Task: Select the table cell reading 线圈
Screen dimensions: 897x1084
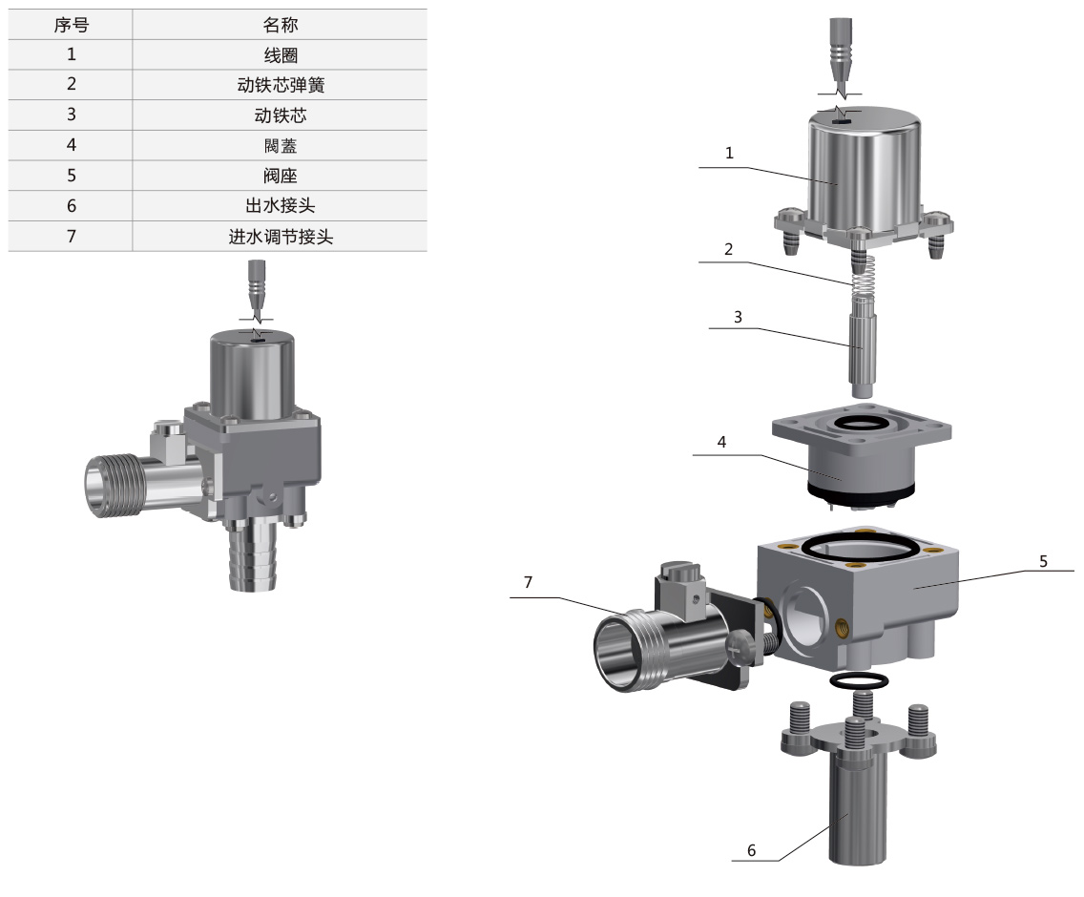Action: (x=280, y=54)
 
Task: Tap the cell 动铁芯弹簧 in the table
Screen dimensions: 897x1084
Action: (x=280, y=85)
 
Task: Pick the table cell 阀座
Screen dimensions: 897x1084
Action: (x=280, y=176)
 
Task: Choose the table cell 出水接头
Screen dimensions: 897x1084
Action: (x=280, y=206)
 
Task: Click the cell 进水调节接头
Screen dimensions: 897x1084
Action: (x=280, y=237)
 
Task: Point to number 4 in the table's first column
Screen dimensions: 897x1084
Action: (x=71, y=146)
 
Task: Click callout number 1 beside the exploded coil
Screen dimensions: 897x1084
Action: (x=729, y=154)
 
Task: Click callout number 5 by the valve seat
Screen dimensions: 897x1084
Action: (x=1043, y=561)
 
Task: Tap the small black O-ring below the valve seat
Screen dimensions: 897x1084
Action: (x=859, y=680)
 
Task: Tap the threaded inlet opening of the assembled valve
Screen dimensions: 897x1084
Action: (x=106, y=479)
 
